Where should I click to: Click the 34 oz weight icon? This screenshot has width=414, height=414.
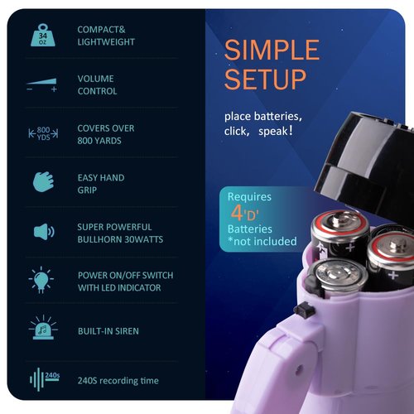click(43, 36)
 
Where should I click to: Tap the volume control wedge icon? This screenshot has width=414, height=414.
click(42, 84)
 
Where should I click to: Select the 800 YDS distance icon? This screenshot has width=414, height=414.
click(43, 133)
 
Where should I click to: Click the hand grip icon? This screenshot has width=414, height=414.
click(43, 181)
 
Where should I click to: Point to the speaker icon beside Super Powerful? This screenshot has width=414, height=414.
click(44, 232)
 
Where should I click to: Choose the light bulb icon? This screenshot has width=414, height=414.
click(41, 280)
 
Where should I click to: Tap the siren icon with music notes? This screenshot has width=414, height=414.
click(43, 328)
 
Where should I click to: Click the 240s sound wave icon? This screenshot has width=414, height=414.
click(45, 379)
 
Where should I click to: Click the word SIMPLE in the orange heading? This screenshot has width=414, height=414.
click(272, 50)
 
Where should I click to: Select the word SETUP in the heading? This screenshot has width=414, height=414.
click(266, 79)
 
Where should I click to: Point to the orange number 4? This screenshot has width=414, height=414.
click(237, 213)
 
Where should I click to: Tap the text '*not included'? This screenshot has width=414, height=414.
click(262, 241)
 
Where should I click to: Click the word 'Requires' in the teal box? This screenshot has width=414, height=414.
click(249, 197)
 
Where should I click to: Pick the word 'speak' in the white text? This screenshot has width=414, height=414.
click(273, 131)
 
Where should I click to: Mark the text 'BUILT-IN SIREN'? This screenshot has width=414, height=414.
click(108, 331)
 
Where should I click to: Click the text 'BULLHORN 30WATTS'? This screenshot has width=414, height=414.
click(120, 239)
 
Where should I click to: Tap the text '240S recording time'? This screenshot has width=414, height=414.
click(118, 381)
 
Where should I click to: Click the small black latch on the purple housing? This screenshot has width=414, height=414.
click(304, 309)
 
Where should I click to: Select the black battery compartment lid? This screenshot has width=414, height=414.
click(367, 163)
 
